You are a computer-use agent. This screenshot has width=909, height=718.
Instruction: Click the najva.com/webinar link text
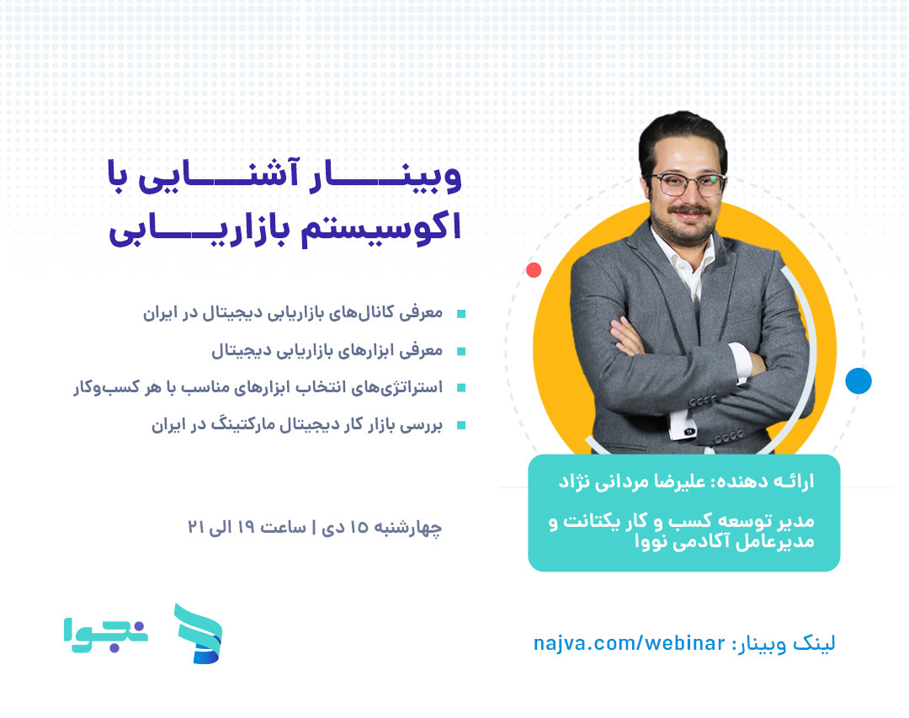(x=629, y=644)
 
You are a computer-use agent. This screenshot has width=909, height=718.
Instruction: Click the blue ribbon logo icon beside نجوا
(x=199, y=633)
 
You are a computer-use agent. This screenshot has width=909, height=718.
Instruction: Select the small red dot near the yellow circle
(x=533, y=270)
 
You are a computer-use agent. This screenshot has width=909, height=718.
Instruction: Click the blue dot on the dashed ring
(x=858, y=381)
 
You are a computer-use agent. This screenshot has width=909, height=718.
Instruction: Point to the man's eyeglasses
(x=688, y=184)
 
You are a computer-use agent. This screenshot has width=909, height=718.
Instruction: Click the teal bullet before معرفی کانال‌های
(x=460, y=314)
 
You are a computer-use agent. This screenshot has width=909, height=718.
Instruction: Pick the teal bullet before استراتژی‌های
(x=460, y=388)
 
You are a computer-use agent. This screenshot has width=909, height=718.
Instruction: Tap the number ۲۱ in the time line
(x=197, y=528)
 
